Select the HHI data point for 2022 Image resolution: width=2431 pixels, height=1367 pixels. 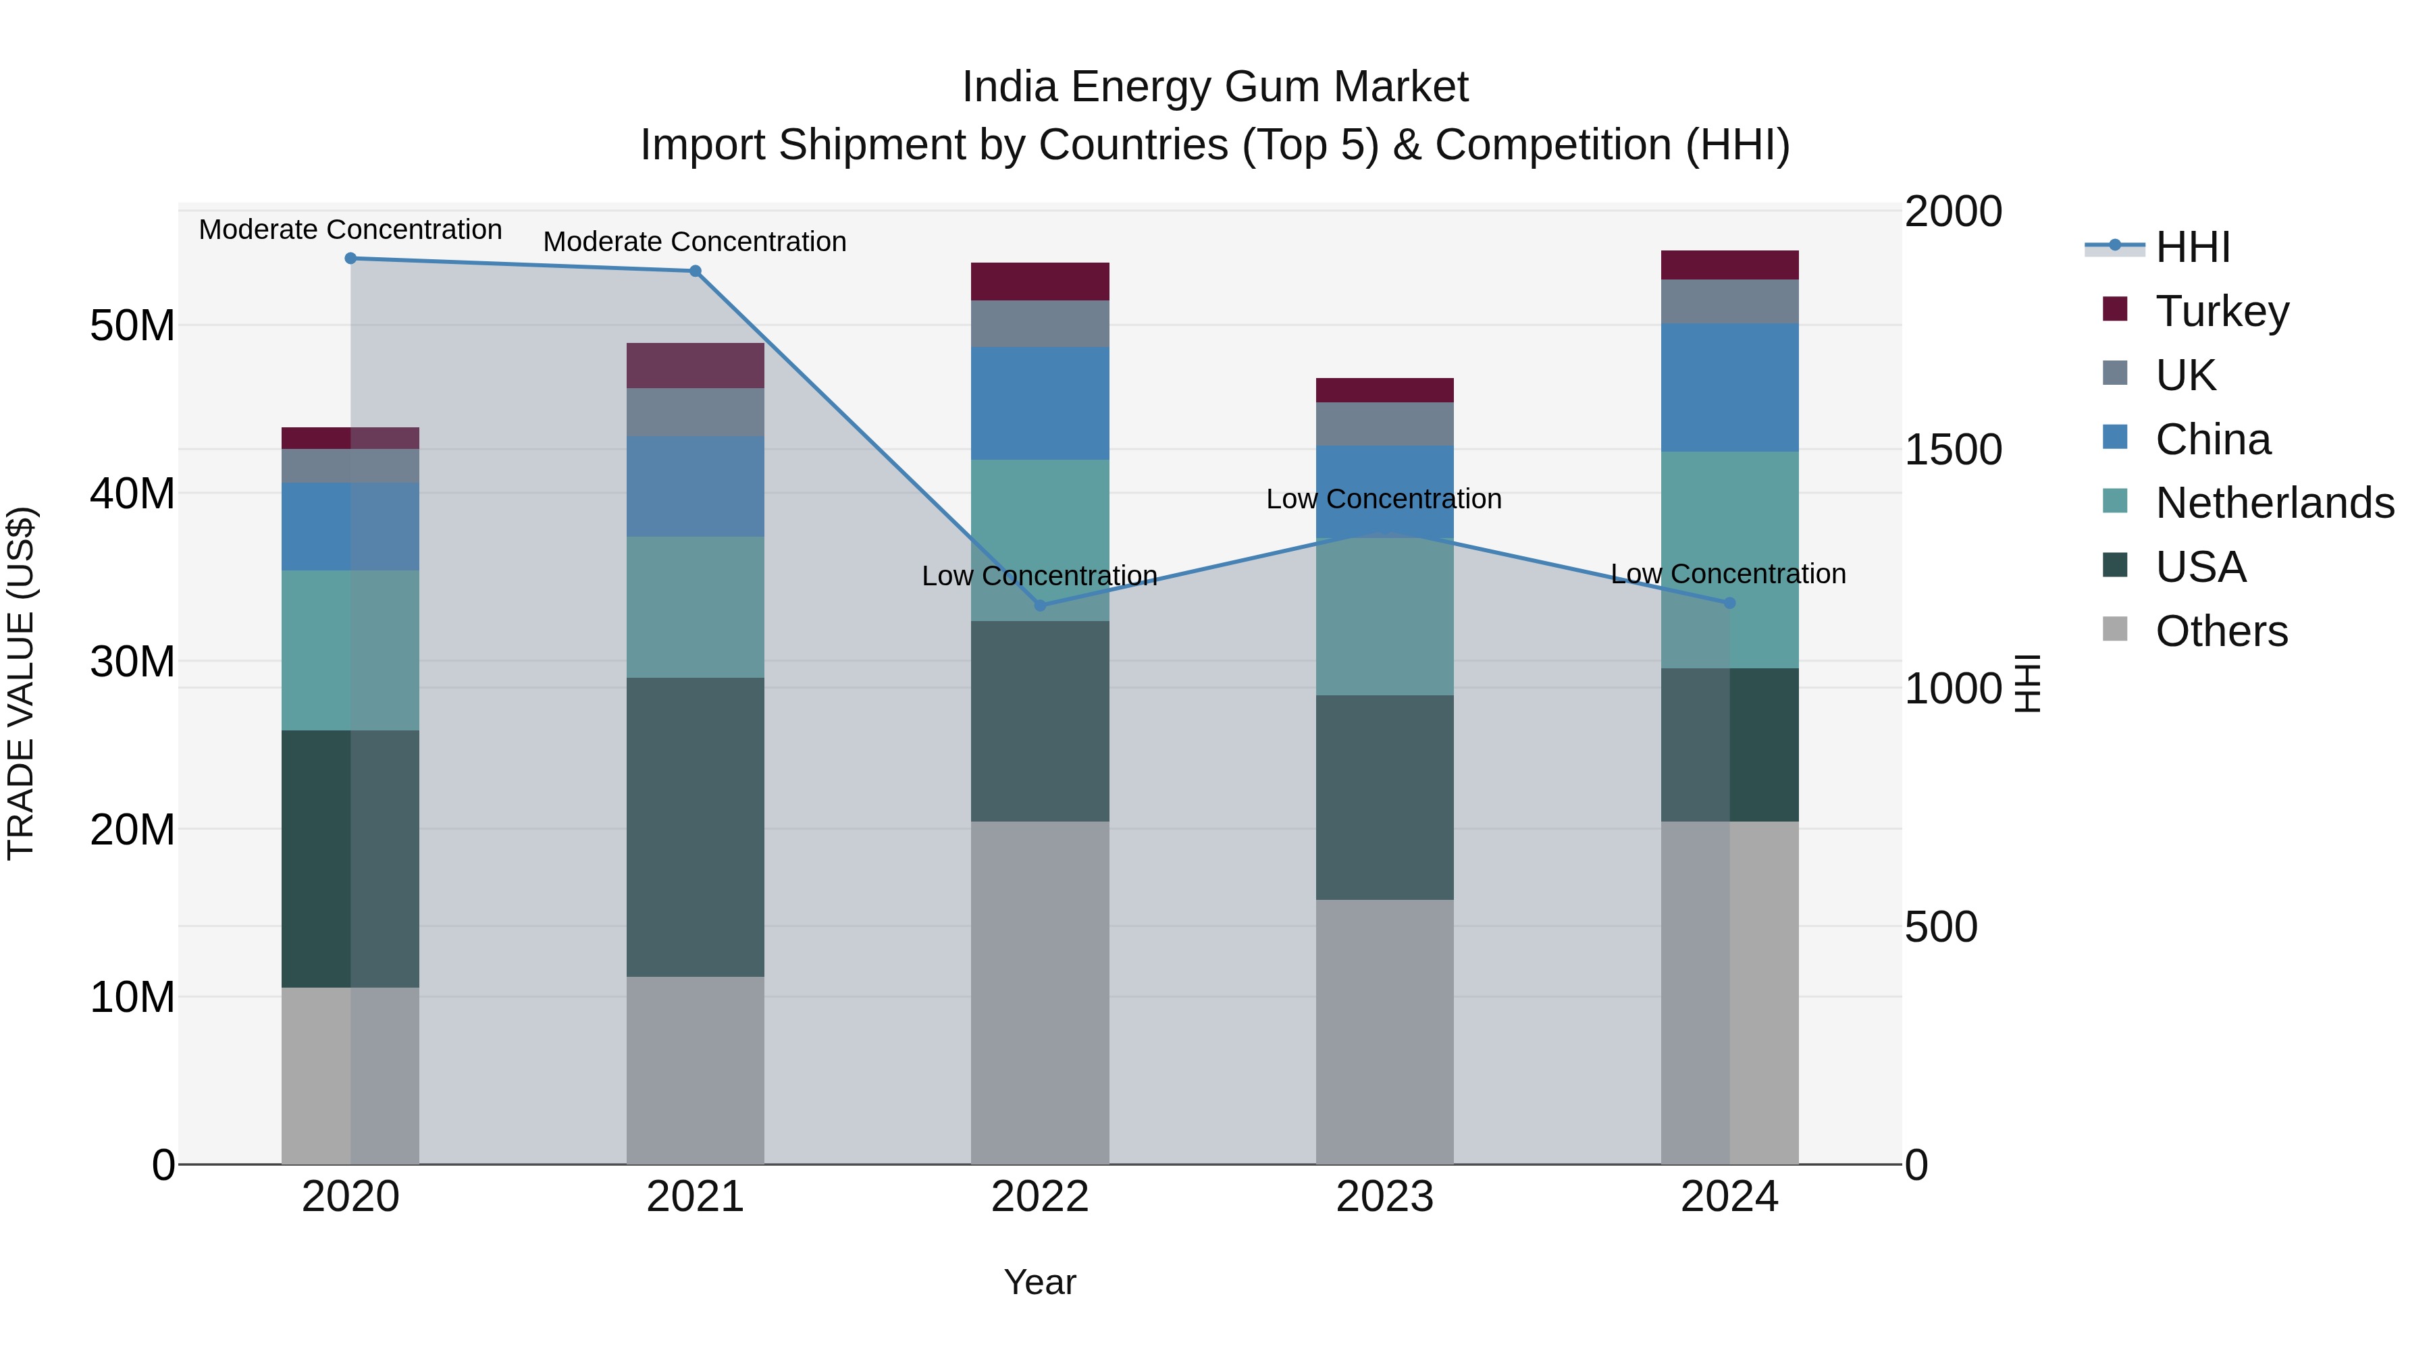pyautogui.click(x=1040, y=606)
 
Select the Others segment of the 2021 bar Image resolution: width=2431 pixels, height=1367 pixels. pyautogui.click(x=695, y=1070)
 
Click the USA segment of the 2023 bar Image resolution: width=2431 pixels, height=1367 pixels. pyautogui.click(x=1384, y=797)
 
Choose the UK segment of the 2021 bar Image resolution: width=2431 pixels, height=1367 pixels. pyautogui.click(x=695, y=412)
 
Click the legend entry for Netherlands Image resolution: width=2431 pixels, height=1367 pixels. pyautogui.click(x=2274, y=503)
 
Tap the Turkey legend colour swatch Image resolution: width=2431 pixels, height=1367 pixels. pyautogui.click(x=2115, y=309)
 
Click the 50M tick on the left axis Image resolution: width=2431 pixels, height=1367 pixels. pyautogui.click(x=132, y=327)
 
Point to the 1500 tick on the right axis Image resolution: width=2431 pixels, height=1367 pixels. pyautogui.click(x=1952, y=450)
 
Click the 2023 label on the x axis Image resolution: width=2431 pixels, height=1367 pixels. pyautogui.click(x=1384, y=1197)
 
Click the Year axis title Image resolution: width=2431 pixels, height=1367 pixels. pyautogui.click(x=1040, y=1282)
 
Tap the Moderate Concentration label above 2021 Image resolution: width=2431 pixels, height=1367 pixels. pyautogui.click(x=695, y=242)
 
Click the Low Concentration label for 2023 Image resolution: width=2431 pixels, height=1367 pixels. pyautogui.click(x=1384, y=499)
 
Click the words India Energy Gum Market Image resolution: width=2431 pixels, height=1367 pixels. pyautogui.click(x=1215, y=88)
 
